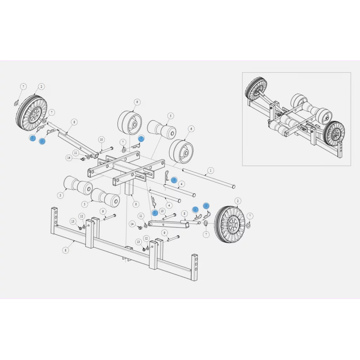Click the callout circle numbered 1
click(x=210, y=171)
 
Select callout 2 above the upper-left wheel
click(x=41, y=86)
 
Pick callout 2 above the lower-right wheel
click(x=238, y=201)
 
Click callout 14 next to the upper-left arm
click(x=69, y=158)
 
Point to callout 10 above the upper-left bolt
click(x=101, y=140)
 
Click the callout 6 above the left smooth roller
click(x=137, y=102)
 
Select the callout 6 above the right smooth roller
click(x=191, y=129)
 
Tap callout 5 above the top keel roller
click(x=171, y=115)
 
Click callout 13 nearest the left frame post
click(x=73, y=221)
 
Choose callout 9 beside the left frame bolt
click(x=103, y=211)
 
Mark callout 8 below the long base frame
click(x=65, y=250)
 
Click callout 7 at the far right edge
click(x=250, y=216)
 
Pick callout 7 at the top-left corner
click(x=23, y=86)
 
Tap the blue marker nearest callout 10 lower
click(x=155, y=213)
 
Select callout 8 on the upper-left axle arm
click(x=74, y=122)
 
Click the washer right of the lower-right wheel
click(x=248, y=225)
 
